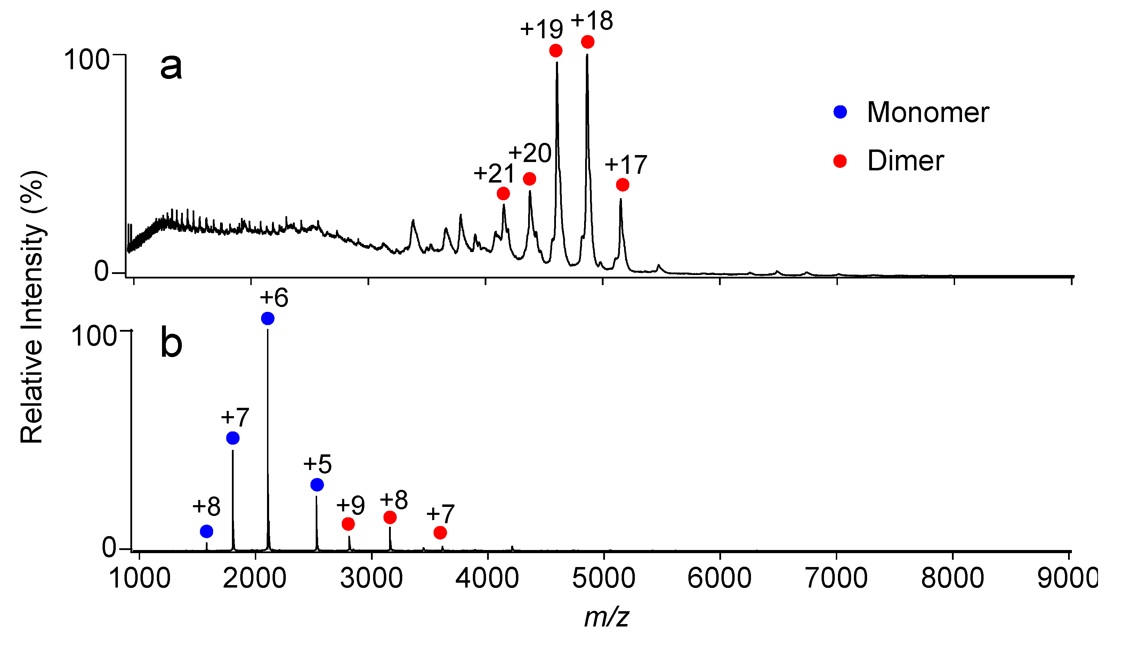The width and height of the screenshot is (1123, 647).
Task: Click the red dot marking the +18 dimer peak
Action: click(x=588, y=42)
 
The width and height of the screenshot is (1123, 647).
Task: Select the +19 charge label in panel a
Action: click(x=541, y=29)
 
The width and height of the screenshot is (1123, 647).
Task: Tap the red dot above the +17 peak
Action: click(x=623, y=185)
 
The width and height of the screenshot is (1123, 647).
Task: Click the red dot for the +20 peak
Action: click(x=529, y=179)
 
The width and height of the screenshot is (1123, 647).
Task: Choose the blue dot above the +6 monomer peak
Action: click(x=267, y=318)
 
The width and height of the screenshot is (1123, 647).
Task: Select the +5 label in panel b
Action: click(x=317, y=464)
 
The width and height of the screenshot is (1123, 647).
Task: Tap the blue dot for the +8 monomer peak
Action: click(x=207, y=531)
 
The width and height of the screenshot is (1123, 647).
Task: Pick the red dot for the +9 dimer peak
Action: click(x=348, y=524)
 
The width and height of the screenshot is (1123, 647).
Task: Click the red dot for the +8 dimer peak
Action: click(x=390, y=517)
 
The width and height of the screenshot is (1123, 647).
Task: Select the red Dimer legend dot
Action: click(x=840, y=161)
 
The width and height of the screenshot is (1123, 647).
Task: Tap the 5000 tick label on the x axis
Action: click(x=604, y=579)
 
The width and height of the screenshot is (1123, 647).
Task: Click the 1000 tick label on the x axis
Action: click(x=139, y=579)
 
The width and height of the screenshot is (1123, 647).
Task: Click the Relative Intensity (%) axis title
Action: click(x=32, y=307)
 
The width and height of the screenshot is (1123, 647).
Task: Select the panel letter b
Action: click(x=171, y=342)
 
